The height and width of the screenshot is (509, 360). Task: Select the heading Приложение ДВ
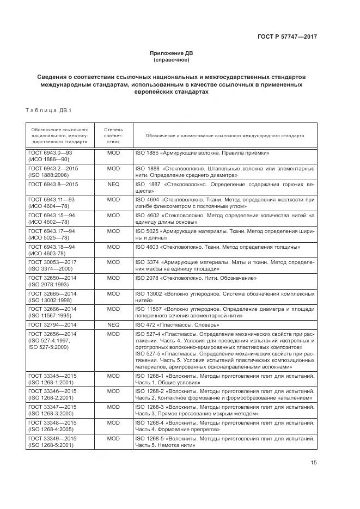coord(172,53)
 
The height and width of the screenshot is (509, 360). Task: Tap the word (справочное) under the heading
coord(172,59)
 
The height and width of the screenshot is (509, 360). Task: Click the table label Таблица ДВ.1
coord(45,111)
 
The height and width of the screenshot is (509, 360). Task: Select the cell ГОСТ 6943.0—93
coord(50,154)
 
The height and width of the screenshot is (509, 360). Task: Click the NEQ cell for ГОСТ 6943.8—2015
coord(113,184)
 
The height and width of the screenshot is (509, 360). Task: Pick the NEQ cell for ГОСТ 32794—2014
coord(113,324)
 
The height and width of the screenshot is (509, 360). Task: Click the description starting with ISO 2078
coord(196,278)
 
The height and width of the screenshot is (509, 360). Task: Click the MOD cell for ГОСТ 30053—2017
coord(113,262)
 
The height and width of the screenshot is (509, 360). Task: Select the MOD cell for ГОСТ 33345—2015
coord(113,376)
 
